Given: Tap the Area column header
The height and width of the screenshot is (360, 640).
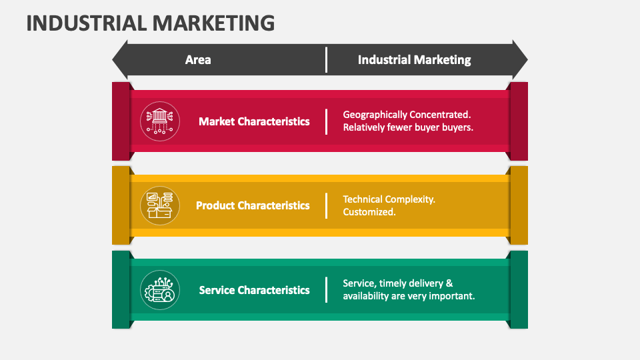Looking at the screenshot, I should click(198, 60).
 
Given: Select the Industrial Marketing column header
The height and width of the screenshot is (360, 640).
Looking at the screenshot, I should click(414, 60).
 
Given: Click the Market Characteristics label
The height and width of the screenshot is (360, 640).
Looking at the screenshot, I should click(254, 121).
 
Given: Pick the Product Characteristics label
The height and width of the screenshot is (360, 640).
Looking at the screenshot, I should click(253, 205).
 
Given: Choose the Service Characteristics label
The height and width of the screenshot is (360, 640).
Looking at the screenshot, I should click(254, 290).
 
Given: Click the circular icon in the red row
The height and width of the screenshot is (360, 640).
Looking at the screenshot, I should click(160, 121).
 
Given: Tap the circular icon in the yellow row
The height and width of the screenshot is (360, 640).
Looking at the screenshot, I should click(160, 205).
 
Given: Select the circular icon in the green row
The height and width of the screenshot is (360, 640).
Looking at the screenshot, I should click(160, 290).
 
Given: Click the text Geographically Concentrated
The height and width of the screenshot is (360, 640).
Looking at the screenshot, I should click(407, 115).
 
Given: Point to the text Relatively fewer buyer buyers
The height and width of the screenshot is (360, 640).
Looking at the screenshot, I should click(408, 127).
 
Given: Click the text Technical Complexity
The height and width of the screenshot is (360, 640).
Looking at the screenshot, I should click(389, 199).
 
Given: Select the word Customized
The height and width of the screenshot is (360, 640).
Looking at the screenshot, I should click(369, 212).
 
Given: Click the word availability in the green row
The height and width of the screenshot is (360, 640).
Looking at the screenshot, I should click(367, 296).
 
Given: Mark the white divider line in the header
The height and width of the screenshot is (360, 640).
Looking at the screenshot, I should click(326, 60).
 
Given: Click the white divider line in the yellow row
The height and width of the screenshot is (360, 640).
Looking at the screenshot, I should click(326, 205).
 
